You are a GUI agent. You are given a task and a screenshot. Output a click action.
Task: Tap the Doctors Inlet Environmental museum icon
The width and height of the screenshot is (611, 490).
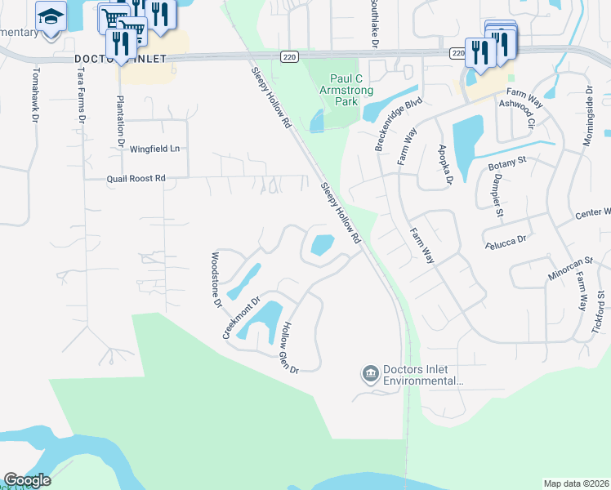coord(369,374)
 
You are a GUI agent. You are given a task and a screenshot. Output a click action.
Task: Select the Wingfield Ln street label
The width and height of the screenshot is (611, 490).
coord(154,149)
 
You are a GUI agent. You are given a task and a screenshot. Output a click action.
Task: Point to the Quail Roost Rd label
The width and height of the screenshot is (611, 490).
coord(136,178)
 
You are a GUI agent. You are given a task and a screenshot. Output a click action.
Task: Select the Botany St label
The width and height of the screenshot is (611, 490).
coord(508,165)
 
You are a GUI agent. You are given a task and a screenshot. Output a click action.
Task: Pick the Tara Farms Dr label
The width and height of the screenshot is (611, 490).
coord(80,96)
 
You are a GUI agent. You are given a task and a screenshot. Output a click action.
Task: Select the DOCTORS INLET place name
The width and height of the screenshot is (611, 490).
coord(120,60)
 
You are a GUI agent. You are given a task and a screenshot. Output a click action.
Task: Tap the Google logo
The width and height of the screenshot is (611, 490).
coord(27,480)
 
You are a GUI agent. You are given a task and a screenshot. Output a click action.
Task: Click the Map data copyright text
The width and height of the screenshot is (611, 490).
coord(576,483)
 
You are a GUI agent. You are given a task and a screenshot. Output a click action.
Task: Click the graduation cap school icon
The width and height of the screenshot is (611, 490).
coord(51,16)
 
